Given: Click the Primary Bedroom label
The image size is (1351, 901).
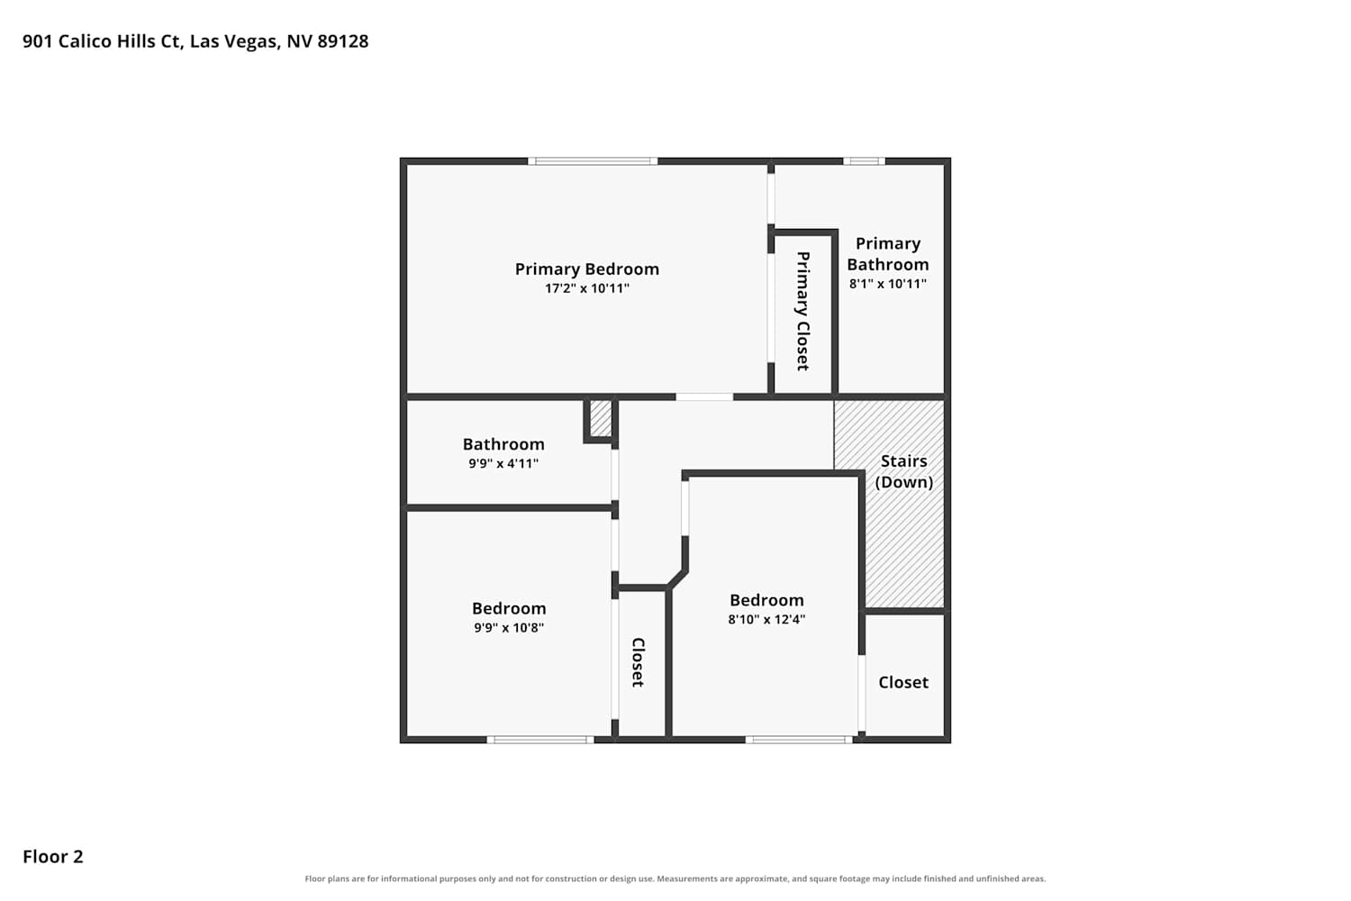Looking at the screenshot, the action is pyautogui.click(x=587, y=269).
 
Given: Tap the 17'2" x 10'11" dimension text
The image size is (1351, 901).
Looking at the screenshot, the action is pyautogui.click(x=587, y=288).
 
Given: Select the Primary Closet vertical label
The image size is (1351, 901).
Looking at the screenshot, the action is pyautogui.click(x=802, y=311).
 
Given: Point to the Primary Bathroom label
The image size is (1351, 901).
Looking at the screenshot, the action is pyautogui.click(x=888, y=254).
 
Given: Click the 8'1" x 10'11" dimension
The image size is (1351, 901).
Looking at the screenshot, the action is pyautogui.click(x=888, y=284).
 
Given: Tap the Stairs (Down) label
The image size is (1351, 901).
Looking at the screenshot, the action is pyautogui.click(x=903, y=471).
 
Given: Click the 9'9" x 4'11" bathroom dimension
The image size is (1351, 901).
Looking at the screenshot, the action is pyautogui.click(x=503, y=463).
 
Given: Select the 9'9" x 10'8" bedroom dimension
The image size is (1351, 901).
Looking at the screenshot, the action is pyautogui.click(x=509, y=628).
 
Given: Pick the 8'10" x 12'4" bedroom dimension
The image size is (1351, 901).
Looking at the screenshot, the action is pyautogui.click(x=766, y=619).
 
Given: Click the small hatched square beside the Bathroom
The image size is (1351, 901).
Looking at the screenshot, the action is pyautogui.click(x=600, y=418).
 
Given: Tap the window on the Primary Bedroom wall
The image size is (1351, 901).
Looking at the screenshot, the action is pyautogui.click(x=593, y=161).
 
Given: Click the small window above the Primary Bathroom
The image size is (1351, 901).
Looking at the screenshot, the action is pyautogui.click(x=864, y=161).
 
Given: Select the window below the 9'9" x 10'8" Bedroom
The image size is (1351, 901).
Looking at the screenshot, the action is pyautogui.click(x=540, y=739).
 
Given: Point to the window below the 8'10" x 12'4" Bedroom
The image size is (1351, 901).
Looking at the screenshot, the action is pyautogui.click(x=799, y=739).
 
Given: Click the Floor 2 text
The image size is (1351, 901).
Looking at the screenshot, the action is pyautogui.click(x=53, y=857).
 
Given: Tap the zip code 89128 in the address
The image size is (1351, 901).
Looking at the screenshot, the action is pyautogui.click(x=342, y=41).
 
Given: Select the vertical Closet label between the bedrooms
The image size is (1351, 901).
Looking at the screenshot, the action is pyautogui.click(x=638, y=662).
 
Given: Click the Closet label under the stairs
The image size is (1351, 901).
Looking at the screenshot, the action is pyautogui.click(x=902, y=683).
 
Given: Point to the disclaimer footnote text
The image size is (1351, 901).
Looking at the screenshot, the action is pyautogui.click(x=675, y=878).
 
